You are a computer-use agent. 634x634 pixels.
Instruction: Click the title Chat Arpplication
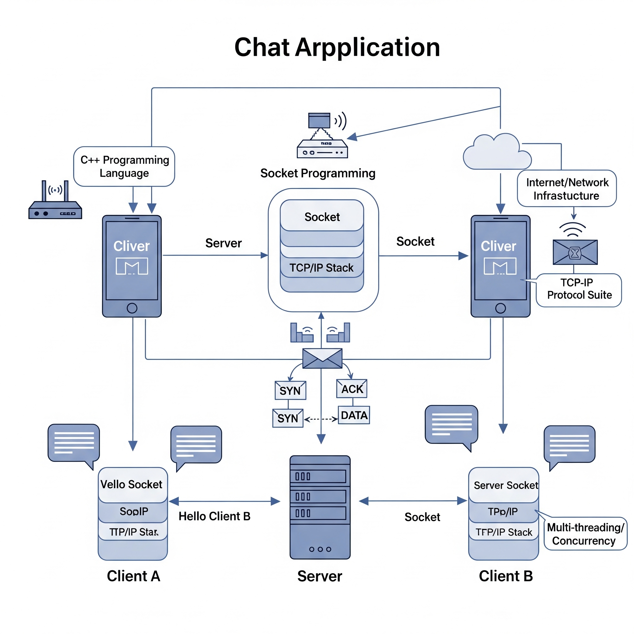337,48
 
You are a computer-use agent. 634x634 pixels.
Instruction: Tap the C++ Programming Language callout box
124,166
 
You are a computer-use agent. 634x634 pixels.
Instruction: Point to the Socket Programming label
318,173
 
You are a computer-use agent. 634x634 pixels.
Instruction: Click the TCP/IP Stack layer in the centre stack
322,268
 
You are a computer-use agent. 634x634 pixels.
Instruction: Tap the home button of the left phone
132,308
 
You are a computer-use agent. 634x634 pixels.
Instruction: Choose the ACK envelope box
352,389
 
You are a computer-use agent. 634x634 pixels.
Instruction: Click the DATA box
354,415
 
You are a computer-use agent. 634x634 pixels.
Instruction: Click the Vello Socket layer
132,485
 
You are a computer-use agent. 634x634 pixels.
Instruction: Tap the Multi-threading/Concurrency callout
585,534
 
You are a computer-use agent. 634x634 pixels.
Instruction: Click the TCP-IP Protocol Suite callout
579,289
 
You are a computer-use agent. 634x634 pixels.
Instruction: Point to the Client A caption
133,576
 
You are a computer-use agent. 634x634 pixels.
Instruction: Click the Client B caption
506,576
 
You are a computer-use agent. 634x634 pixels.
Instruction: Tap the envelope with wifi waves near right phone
575,252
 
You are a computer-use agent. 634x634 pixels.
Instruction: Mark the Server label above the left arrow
224,243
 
